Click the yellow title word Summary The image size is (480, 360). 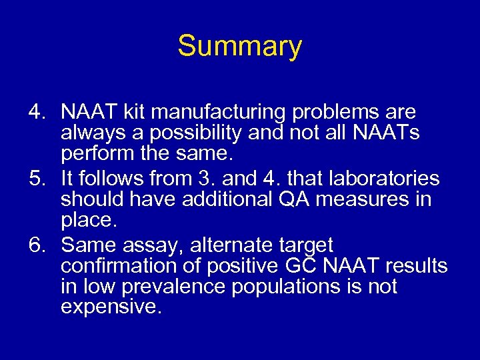[239, 47]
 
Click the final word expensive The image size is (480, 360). [110, 308]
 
